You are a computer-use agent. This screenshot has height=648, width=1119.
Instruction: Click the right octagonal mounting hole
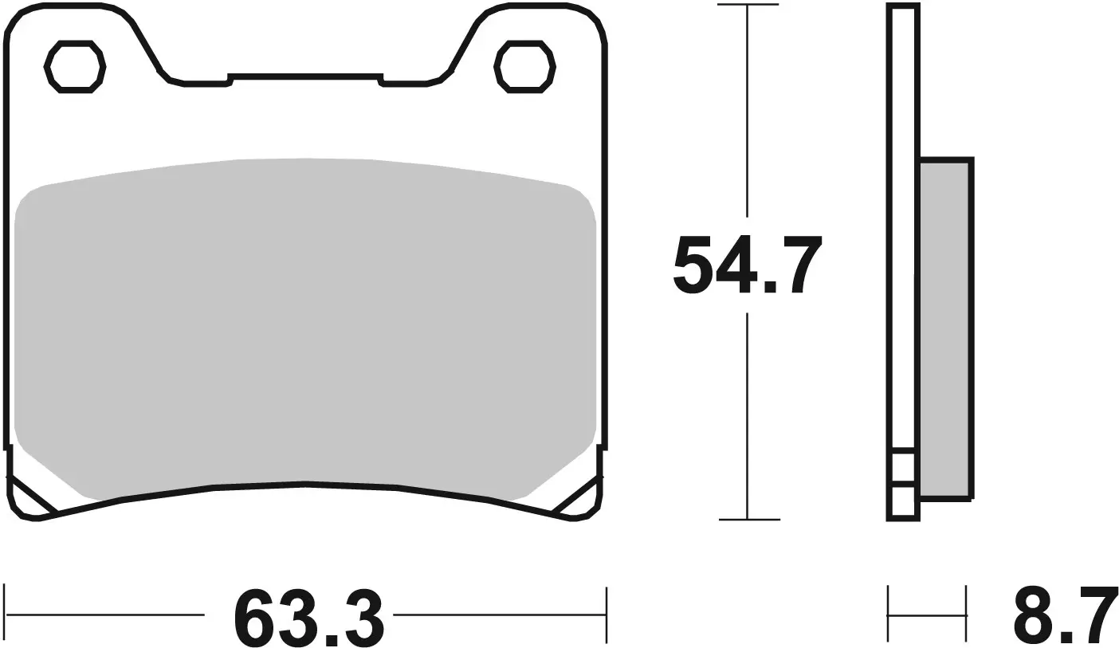524,66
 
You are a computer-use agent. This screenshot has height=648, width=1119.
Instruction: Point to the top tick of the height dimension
747,6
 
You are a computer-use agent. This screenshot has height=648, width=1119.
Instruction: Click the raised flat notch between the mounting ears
305,78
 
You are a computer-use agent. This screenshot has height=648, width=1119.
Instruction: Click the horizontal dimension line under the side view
927,615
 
